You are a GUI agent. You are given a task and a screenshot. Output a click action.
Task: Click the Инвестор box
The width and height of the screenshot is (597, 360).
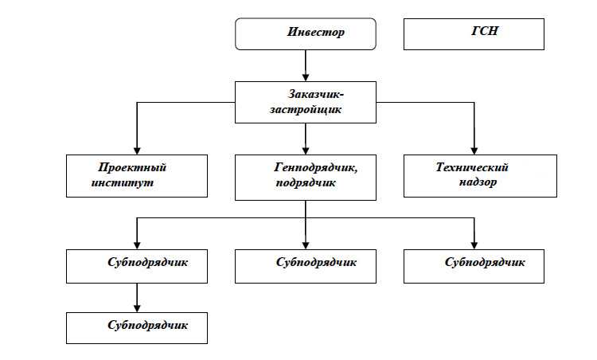point(306,34)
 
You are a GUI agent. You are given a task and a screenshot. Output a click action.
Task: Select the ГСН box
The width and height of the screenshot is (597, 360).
point(474,34)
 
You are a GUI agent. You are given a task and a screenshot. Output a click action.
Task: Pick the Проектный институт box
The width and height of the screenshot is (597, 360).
point(136,175)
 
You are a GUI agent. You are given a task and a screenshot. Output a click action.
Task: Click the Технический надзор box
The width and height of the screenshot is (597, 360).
point(474,175)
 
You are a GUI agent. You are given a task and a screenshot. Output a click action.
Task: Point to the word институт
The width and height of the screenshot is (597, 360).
point(121,182)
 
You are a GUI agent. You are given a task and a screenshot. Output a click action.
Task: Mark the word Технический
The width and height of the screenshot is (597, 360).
point(472,167)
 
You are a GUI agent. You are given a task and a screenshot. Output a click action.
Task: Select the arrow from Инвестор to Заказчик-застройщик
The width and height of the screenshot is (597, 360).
point(306,65)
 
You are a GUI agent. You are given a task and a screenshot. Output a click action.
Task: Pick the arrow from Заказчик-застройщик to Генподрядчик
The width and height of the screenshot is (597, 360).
point(306,138)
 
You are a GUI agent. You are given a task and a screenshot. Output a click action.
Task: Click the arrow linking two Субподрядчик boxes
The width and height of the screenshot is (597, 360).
point(136,296)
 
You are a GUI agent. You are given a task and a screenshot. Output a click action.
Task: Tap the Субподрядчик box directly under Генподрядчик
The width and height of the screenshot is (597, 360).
point(306,265)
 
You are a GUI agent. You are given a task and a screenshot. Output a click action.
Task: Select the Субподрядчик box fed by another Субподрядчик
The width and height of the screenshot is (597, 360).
point(136,327)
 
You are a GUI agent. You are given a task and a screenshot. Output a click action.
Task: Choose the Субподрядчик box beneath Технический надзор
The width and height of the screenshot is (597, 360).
point(474,265)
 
